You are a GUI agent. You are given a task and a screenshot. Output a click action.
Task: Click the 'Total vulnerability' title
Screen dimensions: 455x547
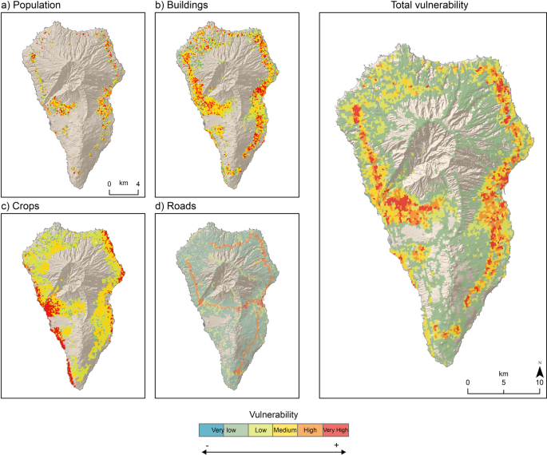coord(430,6)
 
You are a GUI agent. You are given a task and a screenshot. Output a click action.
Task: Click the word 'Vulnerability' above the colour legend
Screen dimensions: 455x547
coord(274,414)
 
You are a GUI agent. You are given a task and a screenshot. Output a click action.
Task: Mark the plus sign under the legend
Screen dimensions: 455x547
coord(336,444)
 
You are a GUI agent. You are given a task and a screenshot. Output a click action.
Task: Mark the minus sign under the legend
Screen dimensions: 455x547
coord(208,444)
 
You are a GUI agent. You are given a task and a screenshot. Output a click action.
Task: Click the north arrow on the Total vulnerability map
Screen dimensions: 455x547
coord(540,371)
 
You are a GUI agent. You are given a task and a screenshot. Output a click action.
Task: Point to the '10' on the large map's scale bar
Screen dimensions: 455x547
coord(540,382)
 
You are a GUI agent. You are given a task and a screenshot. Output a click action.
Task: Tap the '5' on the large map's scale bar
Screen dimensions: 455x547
coord(504,382)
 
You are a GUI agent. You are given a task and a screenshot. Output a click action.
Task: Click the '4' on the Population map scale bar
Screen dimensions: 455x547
coord(138,184)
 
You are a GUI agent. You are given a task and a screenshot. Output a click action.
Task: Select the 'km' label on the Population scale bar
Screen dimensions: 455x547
coord(124,183)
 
